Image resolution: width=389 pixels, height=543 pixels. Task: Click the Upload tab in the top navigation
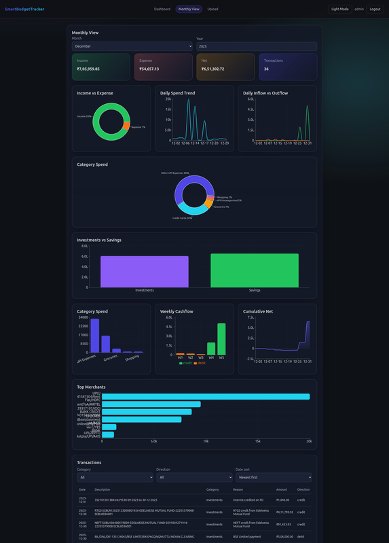click(212, 10)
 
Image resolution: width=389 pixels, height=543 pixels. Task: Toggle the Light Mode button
click(339, 10)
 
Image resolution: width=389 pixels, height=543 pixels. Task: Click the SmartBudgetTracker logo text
click(24, 10)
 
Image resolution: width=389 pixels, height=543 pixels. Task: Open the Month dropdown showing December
click(132, 46)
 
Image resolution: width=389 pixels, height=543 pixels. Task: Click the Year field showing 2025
click(256, 46)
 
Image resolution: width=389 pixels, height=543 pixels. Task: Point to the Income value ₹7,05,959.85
click(88, 69)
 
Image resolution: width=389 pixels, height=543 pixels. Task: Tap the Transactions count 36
click(266, 69)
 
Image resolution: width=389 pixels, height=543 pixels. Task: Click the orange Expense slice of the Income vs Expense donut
click(126, 126)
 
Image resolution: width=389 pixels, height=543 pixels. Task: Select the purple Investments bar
click(145, 271)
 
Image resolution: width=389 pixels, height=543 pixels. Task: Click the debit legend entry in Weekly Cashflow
click(201, 363)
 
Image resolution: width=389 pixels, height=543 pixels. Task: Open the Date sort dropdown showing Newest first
click(274, 478)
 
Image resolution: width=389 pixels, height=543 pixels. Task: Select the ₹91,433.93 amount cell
click(284, 524)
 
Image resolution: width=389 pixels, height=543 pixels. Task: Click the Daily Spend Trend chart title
click(177, 93)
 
